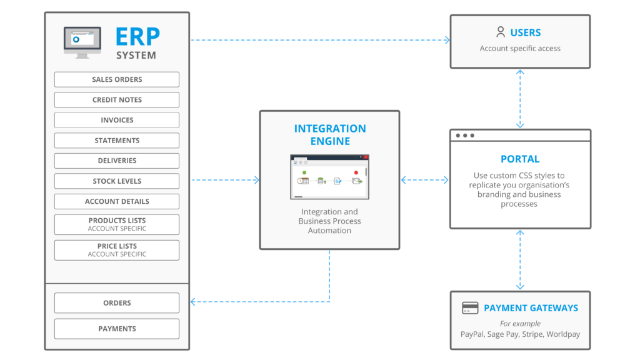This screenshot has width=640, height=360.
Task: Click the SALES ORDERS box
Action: tap(117, 79)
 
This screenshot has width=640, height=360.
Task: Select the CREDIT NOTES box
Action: tap(117, 100)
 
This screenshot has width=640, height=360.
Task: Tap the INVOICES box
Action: tap(117, 120)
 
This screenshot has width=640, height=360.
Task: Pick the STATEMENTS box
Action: tap(117, 141)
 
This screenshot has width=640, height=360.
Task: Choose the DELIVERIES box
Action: tap(117, 161)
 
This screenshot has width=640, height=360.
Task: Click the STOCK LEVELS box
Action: tap(117, 181)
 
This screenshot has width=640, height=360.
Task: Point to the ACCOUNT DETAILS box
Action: tap(117, 201)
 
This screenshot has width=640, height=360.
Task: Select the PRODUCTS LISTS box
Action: tap(117, 224)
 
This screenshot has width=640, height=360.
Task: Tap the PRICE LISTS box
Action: tap(117, 250)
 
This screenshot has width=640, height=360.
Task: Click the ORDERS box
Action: tap(117, 303)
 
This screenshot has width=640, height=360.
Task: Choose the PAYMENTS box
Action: tap(117, 329)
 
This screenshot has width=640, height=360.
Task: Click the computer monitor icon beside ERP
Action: tap(82, 42)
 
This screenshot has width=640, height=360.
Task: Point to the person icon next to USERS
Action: tap(500, 32)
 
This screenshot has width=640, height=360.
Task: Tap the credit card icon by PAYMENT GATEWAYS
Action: tap(470, 308)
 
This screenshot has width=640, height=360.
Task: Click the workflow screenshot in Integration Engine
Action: tap(329, 177)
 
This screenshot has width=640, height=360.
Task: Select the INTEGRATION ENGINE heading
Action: tap(330, 134)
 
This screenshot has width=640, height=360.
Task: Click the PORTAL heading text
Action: tap(520, 159)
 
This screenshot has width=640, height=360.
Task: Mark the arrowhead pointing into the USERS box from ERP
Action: tap(447, 40)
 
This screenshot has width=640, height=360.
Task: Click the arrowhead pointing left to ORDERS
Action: tap(194, 302)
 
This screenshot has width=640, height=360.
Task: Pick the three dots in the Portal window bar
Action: tap(465, 136)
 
